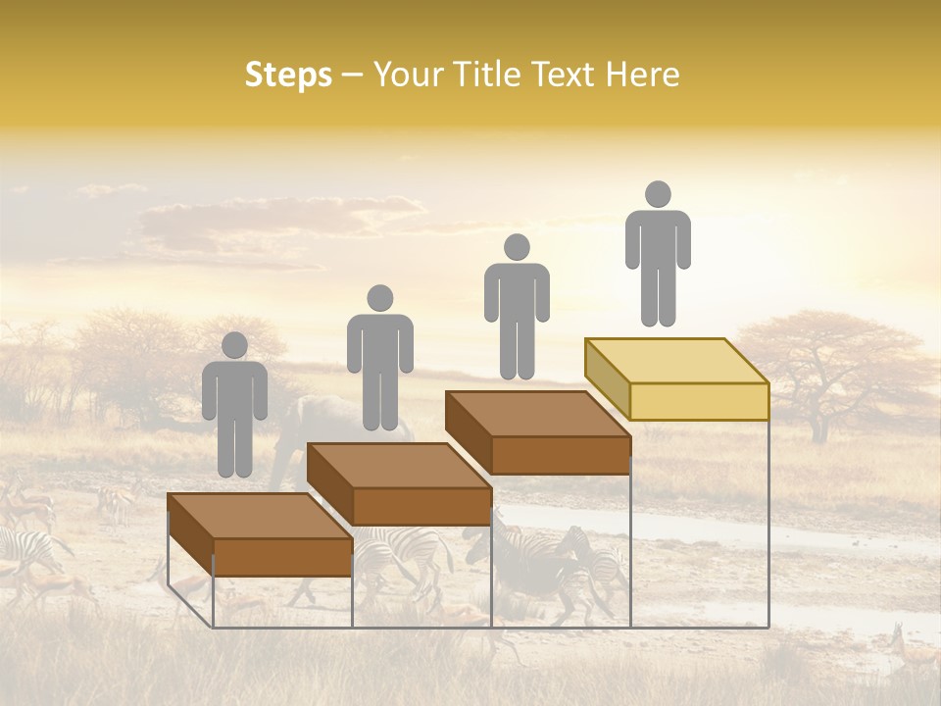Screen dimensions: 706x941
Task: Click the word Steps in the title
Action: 288,76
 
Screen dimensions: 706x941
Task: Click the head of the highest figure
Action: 658,194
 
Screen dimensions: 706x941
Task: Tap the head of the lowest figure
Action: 234,345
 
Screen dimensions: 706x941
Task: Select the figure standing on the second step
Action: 379,358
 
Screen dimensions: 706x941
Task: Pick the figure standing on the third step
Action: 517,306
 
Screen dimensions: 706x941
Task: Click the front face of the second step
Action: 421,506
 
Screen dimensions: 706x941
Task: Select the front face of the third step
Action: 561,455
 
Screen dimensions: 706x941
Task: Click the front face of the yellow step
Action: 699,401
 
